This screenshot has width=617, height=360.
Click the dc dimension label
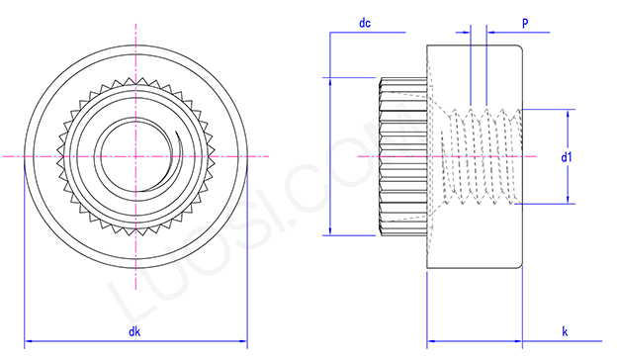click(x=365, y=22)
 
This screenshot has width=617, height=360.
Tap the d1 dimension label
click(x=565, y=155)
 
